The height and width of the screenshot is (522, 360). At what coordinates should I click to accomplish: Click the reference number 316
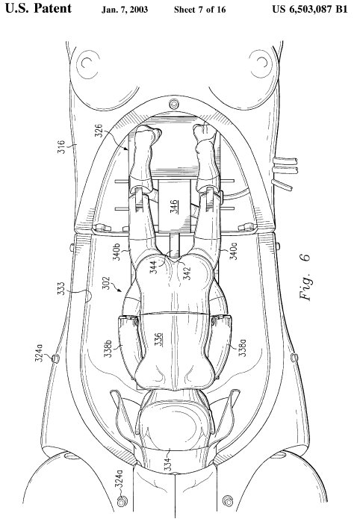(61, 147)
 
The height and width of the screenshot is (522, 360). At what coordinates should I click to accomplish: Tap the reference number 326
(99, 131)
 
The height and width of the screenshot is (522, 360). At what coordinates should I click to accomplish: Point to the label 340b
(117, 252)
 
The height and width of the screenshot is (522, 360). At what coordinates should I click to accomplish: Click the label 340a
(234, 252)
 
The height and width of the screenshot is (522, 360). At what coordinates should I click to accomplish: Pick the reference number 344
(153, 267)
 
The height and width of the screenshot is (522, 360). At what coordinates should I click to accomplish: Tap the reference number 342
(187, 273)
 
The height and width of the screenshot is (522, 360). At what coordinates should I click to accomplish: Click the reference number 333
(61, 289)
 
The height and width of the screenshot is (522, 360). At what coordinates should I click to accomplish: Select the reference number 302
(106, 283)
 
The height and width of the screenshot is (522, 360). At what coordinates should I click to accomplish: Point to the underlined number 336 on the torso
(158, 340)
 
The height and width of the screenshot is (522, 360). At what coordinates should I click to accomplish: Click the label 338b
(108, 348)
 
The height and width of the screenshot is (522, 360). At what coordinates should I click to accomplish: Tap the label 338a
(243, 348)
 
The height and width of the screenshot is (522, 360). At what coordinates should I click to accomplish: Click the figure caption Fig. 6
(305, 277)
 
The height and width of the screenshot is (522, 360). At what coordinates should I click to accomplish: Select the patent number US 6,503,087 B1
(310, 9)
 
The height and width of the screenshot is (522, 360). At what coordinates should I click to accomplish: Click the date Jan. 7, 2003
(125, 10)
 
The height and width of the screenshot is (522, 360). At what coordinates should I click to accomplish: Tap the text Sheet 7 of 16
(200, 10)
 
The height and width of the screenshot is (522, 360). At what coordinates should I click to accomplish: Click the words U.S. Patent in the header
(38, 9)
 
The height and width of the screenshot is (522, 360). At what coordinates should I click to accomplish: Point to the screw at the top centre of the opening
(174, 104)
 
